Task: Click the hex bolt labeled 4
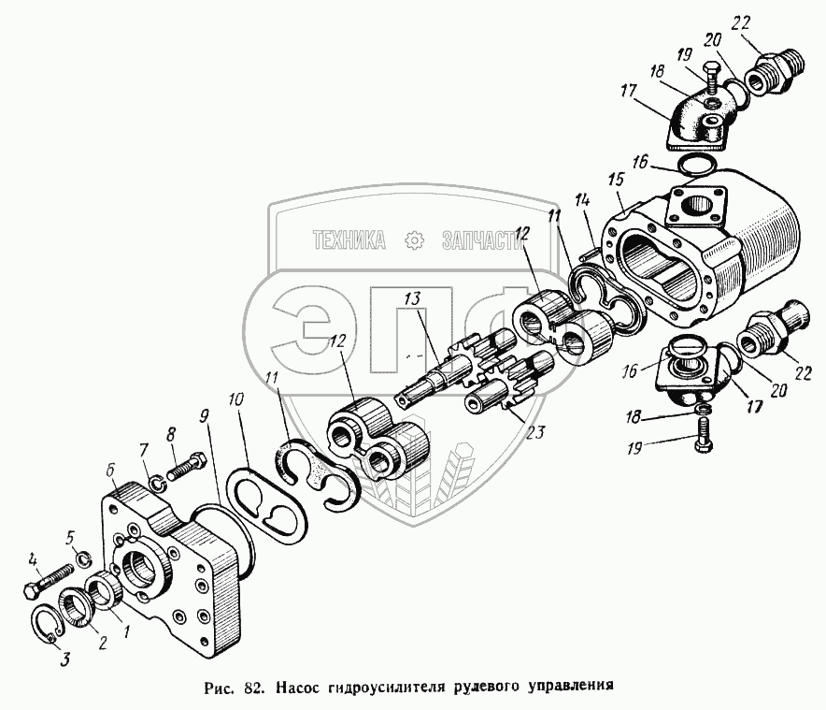(x=48, y=580)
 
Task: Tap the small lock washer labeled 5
(x=83, y=558)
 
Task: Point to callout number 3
(x=64, y=659)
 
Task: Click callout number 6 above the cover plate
(x=111, y=470)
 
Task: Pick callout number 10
(x=236, y=399)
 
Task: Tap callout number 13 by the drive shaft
(x=412, y=299)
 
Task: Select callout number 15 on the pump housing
(x=616, y=180)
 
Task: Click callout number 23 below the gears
(x=535, y=432)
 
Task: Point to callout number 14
(x=582, y=200)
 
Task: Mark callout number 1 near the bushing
(x=126, y=630)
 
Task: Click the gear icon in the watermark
(x=415, y=240)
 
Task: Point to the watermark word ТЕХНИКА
(x=349, y=240)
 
